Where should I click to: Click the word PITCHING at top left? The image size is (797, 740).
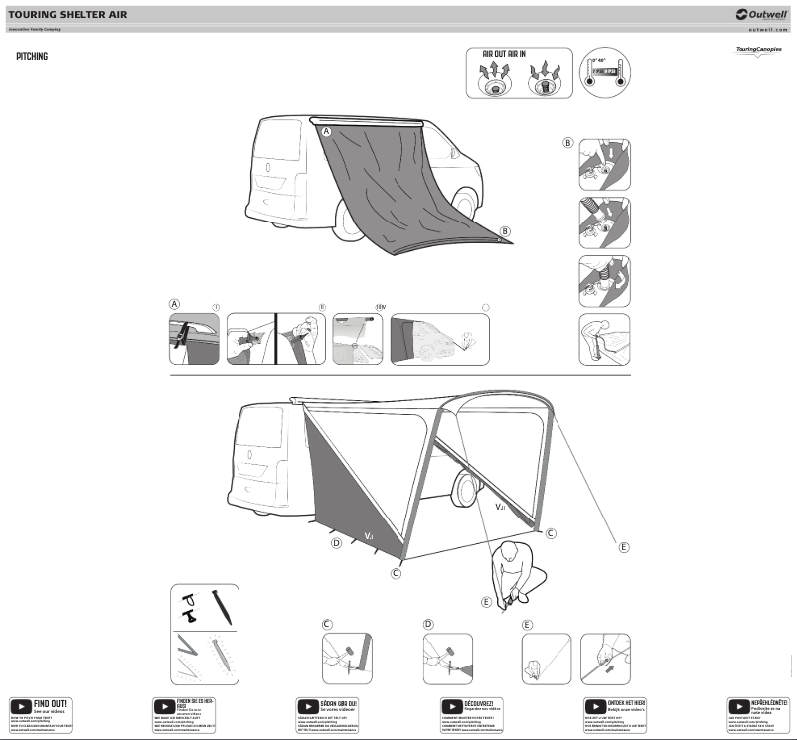[32, 57]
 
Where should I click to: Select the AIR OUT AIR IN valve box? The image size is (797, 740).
[518, 73]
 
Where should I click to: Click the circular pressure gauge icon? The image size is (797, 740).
[605, 74]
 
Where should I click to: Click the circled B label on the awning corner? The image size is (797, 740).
[505, 231]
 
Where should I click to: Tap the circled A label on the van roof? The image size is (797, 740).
[326, 131]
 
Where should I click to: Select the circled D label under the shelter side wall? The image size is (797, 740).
[336, 544]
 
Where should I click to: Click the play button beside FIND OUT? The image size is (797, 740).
[20, 705]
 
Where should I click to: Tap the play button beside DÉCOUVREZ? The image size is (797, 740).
[453, 705]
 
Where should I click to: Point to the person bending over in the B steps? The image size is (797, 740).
[604, 339]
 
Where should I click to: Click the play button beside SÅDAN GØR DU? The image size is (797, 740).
[308, 705]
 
